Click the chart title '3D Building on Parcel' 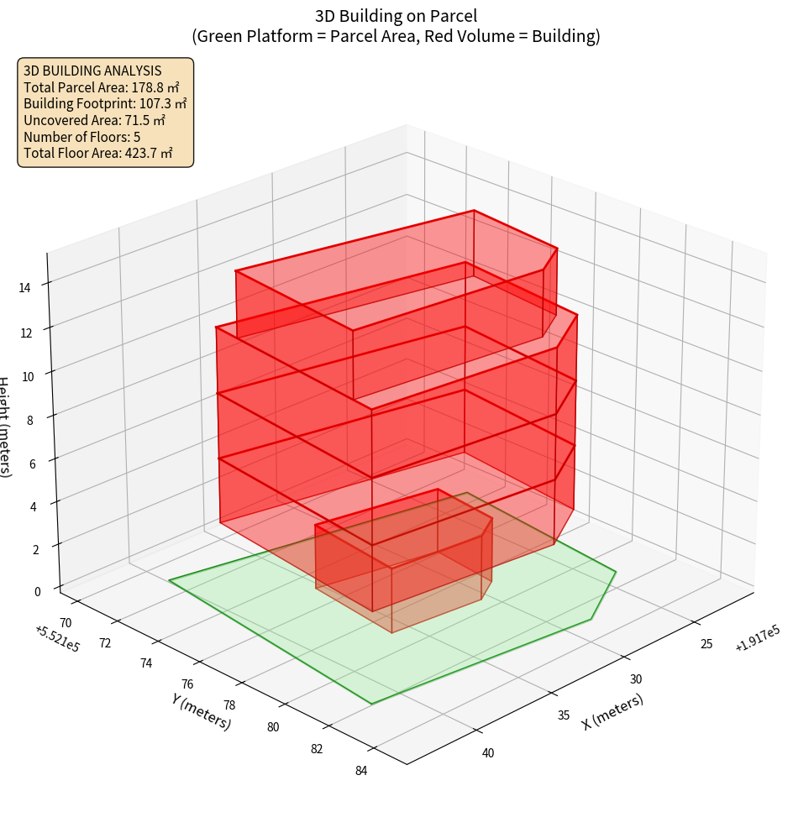tap(396, 15)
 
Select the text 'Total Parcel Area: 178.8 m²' tap(102, 86)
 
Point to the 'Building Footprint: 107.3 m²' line tap(105, 103)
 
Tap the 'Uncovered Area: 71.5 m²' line tap(97, 120)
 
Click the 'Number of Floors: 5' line tap(82, 136)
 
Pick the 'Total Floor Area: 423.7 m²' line tap(98, 153)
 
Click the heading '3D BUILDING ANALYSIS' tap(92, 71)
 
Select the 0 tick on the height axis tap(37, 590)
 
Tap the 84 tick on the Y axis tap(360, 771)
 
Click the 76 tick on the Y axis tap(186, 684)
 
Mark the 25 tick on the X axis tap(706, 643)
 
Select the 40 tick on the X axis tap(488, 752)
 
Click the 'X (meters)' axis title tap(613, 711)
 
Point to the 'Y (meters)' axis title tap(201, 710)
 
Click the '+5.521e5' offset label tap(57, 637)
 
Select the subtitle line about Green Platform tap(396, 36)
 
